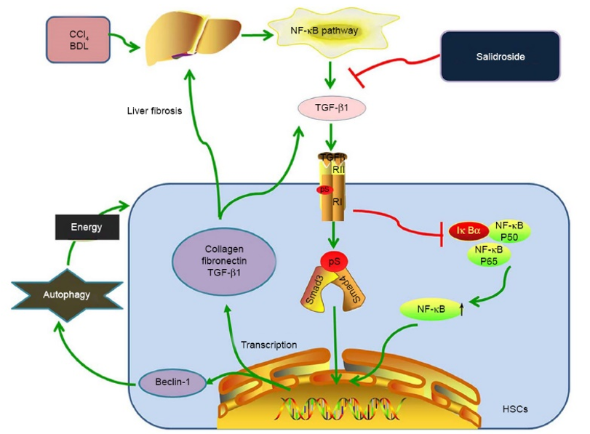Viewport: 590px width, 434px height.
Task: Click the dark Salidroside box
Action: tap(500, 55)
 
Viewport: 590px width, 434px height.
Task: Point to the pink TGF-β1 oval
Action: tap(330, 110)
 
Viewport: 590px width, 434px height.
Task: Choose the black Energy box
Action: tap(87, 228)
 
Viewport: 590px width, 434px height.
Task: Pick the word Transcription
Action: tap(269, 345)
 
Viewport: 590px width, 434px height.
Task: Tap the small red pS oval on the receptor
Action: tap(322, 190)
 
